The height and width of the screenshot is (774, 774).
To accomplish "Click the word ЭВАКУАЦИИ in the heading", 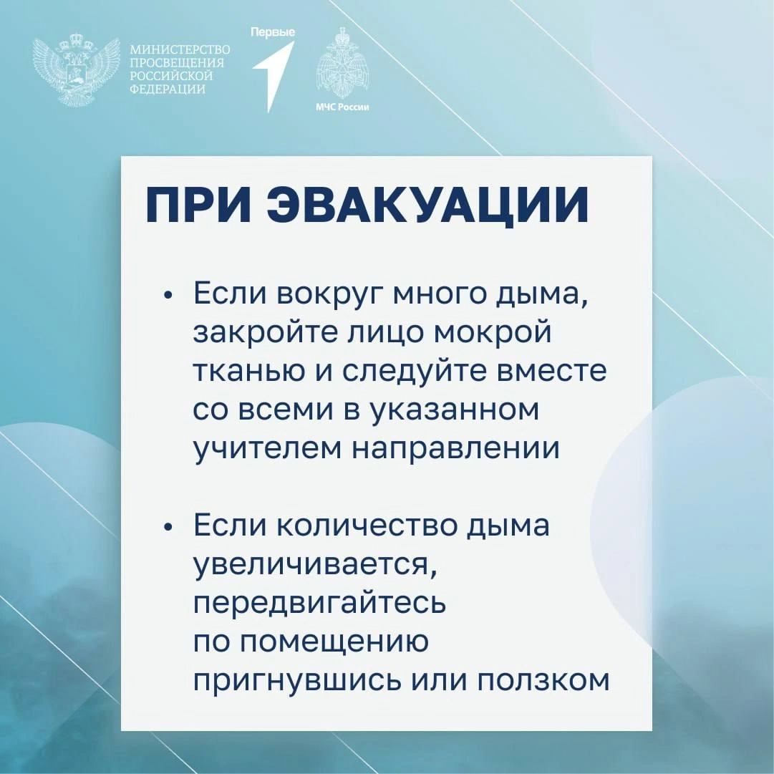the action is pyautogui.click(x=427, y=205).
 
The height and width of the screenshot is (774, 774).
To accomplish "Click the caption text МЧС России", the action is pyautogui.click(x=342, y=107).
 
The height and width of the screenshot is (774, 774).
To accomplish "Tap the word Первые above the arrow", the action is pyautogui.click(x=273, y=32).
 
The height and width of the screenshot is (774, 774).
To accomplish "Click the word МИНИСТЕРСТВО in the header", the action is pyautogui.click(x=180, y=50).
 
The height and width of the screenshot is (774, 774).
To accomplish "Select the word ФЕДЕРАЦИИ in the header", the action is pyautogui.click(x=168, y=90).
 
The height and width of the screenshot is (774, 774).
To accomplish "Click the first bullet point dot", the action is pyautogui.click(x=168, y=295).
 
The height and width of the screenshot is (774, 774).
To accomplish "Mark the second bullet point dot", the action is pyautogui.click(x=168, y=527).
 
